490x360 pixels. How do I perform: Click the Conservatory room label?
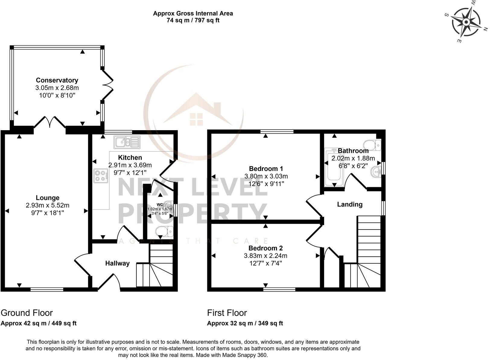(x=57, y=80)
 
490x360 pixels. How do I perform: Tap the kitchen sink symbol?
(x=127, y=142)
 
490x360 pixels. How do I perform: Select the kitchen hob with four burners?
(x=101, y=176)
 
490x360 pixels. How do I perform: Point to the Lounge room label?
(x=48, y=198)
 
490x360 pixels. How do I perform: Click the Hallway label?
(x=117, y=263)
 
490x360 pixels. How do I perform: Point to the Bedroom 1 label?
(x=266, y=169)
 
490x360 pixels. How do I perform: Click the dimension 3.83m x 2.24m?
(x=266, y=256)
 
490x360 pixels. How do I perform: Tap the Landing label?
(x=350, y=204)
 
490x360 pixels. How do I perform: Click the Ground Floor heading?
(x=27, y=313)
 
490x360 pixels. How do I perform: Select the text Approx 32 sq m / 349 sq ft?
(x=245, y=323)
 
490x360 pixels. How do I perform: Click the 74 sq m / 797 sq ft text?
(x=193, y=21)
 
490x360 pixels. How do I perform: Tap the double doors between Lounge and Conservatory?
(x=50, y=123)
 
